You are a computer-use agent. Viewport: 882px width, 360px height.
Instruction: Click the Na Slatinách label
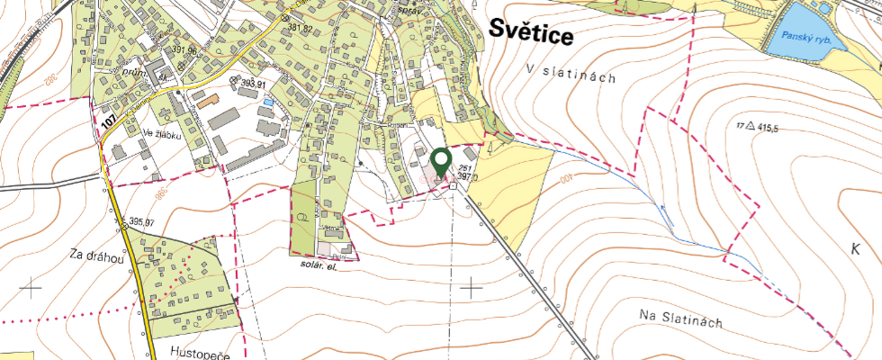[681, 318]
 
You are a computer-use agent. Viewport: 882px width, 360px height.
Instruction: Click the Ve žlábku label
[161, 135]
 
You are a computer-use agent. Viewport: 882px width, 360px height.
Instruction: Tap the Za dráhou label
[94, 255]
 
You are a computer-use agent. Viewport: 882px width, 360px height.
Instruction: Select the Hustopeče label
[200, 355]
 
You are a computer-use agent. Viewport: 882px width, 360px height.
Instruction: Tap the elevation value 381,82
[300, 29]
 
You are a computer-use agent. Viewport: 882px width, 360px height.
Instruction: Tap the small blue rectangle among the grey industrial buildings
[267, 103]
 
